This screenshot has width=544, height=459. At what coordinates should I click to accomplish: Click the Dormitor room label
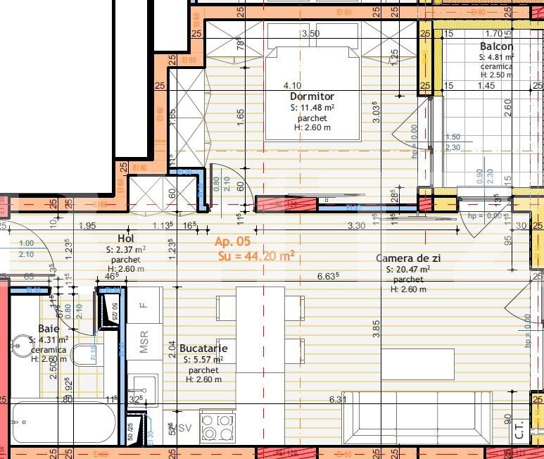[x=312, y=96]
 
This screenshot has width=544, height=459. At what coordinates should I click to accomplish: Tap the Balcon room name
[x=496, y=46]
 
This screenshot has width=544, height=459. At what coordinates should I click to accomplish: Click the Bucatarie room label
[x=203, y=348]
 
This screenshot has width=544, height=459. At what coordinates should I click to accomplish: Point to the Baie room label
[x=49, y=329]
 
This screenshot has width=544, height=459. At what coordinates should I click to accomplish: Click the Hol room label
[x=126, y=239]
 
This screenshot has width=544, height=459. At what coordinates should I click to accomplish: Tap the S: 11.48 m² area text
[x=312, y=108]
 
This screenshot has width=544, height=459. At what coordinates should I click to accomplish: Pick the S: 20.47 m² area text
[x=408, y=270]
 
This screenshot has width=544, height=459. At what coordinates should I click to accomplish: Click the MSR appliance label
[x=144, y=346]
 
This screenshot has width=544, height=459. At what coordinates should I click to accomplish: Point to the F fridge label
[x=144, y=305]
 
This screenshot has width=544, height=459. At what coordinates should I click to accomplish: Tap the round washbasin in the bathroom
[x=21, y=345]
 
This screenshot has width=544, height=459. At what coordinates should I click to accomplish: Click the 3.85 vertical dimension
[x=377, y=327]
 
